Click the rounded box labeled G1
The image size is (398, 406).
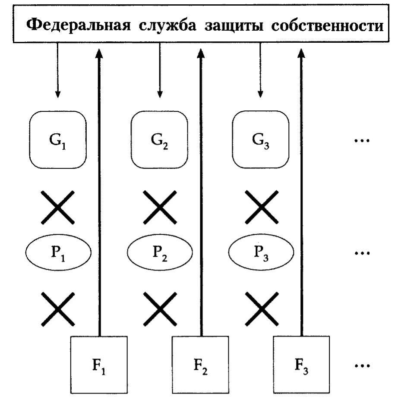click(x=58, y=139)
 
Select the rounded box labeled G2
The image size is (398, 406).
click(x=159, y=139)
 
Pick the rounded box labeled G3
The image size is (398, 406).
click(x=260, y=139)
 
